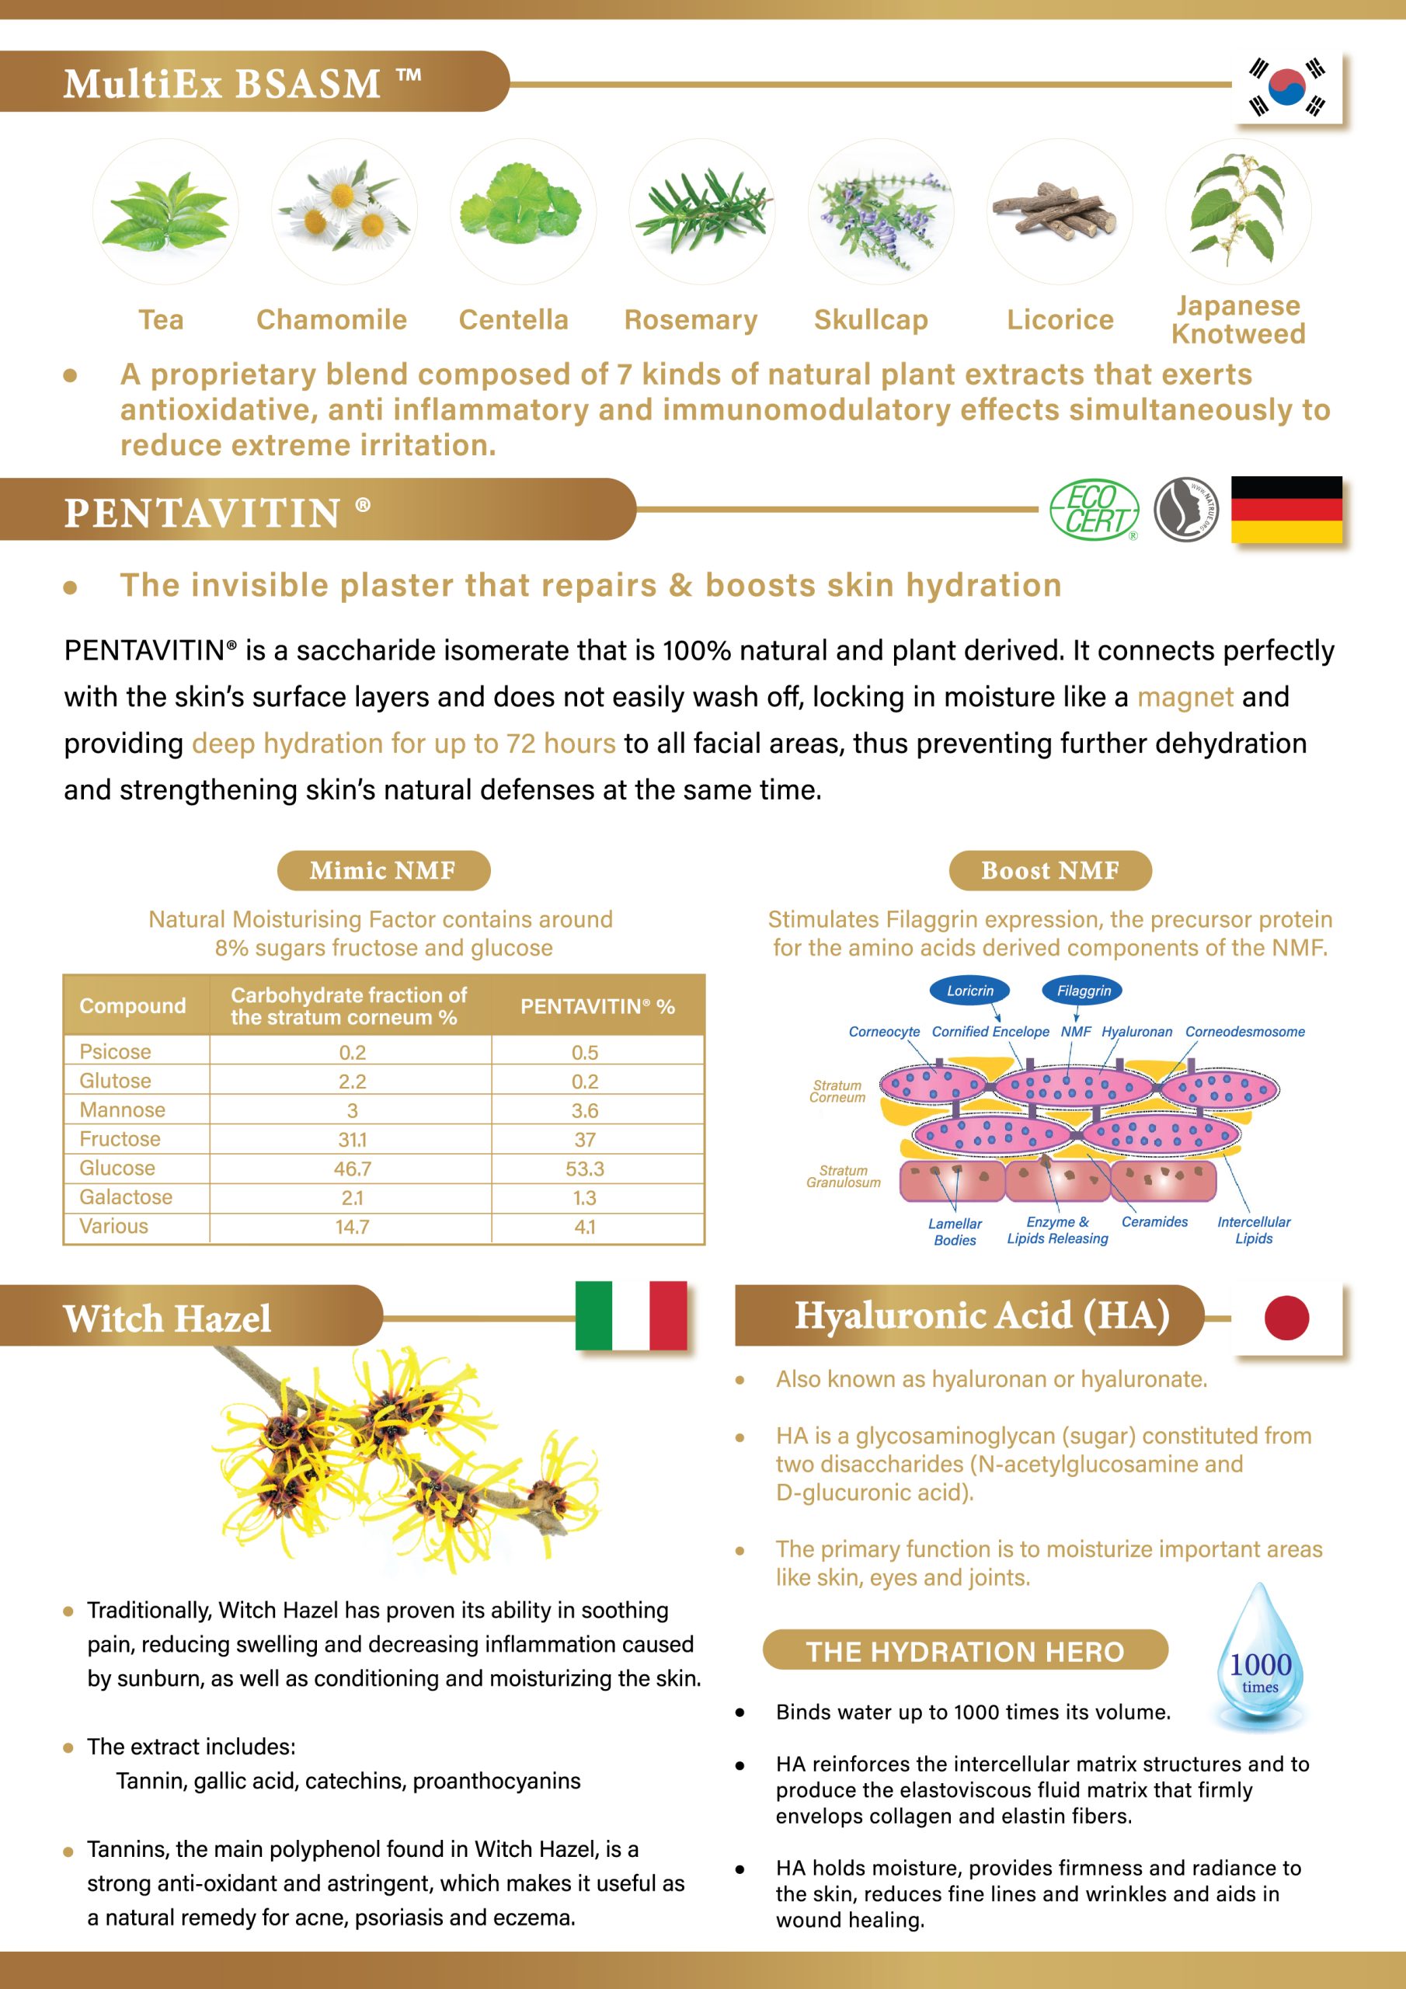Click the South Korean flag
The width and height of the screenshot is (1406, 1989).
pos(1286,86)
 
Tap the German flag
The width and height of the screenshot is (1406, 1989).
pos(1286,510)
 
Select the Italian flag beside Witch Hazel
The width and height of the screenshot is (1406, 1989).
pos(631,1315)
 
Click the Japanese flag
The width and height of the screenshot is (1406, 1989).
pos(1286,1318)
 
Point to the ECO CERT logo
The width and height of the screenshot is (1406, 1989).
pos(1095,510)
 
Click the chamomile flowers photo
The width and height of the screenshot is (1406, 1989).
pos(344,211)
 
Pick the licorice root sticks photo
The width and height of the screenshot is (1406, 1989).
pos(1060,211)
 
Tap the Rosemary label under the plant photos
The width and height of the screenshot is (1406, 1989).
pos(691,319)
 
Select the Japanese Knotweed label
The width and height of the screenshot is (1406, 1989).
pos(1238,319)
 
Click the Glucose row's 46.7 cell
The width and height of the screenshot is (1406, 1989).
pos(352,1169)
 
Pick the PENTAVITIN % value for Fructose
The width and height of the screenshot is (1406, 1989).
pos(585,1139)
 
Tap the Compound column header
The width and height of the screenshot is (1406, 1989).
pos(133,1005)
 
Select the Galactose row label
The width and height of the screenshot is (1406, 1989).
pos(126,1197)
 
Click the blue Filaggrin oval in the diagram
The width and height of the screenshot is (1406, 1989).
pos(1083,990)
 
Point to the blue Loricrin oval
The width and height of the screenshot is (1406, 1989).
pos(969,990)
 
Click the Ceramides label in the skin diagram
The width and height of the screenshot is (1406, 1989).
pos(1154,1221)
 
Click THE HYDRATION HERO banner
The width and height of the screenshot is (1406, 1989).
pos(965,1651)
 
